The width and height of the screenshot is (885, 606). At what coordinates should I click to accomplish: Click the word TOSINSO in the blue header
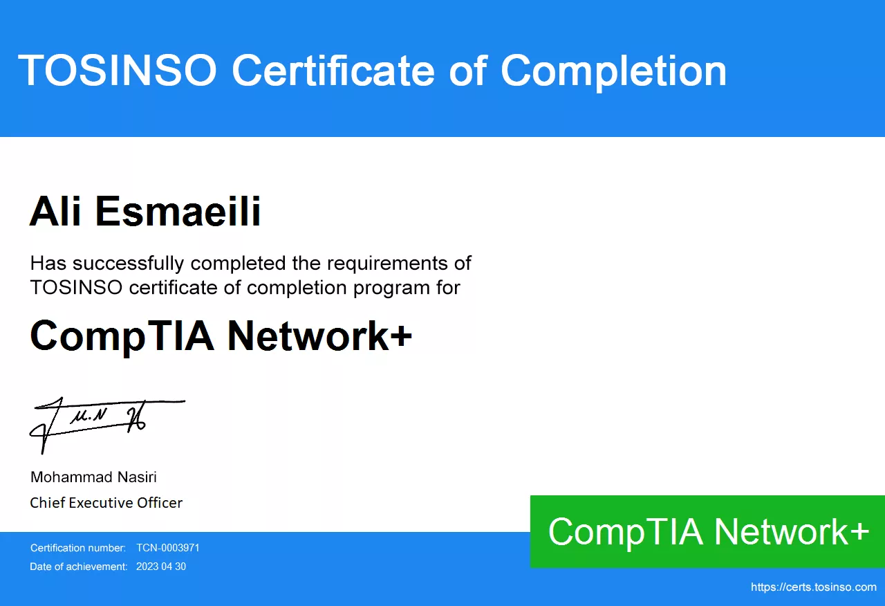point(118,71)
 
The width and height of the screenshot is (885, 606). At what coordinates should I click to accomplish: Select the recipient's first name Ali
point(55,211)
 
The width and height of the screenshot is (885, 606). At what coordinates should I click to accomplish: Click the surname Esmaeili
point(178,211)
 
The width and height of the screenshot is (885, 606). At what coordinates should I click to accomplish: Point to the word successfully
point(129,264)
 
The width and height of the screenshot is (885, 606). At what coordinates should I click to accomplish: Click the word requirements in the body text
point(388,264)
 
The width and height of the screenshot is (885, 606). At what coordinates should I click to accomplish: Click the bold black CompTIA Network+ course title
point(221,336)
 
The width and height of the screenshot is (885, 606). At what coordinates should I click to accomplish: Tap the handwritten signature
point(107,425)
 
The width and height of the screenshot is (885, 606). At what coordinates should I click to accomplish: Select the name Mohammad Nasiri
point(93,477)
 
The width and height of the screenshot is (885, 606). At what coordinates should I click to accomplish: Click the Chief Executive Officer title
point(106,503)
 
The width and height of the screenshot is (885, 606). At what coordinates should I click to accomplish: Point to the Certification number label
point(78,548)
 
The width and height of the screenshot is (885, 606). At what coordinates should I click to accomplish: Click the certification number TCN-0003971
point(168,548)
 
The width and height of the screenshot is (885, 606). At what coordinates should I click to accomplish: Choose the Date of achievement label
point(79,567)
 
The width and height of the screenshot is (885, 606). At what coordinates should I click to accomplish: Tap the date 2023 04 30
point(161,567)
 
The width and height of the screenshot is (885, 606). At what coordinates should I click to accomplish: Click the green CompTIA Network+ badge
point(707,532)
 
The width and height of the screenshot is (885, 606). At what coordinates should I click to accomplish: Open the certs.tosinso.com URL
point(814,587)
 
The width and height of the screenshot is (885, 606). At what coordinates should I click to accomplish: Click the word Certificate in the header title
point(333,71)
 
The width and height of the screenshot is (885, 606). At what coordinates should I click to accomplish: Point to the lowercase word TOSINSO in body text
point(76,287)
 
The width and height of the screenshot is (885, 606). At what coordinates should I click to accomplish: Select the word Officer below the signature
point(160,503)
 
